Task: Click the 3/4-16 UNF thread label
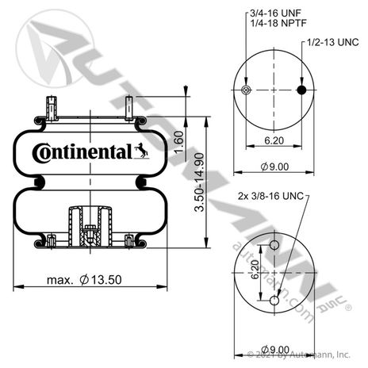point(275,13)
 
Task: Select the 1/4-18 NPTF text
point(278,23)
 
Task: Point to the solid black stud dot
point(301,90)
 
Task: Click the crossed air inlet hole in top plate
point(247,90)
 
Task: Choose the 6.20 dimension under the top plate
point(274,140)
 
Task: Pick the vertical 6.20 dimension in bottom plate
point(255,270)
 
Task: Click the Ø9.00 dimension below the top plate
point(274,167)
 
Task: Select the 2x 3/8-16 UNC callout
point(270,196)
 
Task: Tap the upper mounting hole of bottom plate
point(274,245)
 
